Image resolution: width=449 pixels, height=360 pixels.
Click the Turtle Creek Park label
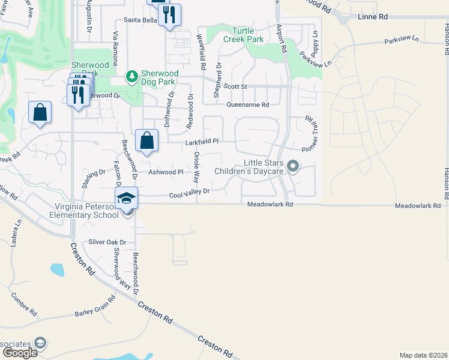click(243, 35)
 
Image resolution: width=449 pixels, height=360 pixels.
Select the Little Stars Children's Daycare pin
click(292, 166)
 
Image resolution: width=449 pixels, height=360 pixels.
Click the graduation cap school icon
click(127, 197)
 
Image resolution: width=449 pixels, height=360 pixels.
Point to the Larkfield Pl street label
click(201, 142)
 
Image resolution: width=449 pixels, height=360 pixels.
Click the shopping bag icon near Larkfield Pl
click(147, 141)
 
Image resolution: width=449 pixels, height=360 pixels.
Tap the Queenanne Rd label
click(247, 104)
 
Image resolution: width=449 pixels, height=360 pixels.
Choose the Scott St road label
click(235, 86)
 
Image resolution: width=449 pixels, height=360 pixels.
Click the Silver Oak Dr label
click(107, 242)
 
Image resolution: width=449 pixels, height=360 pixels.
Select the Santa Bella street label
click(140, 20)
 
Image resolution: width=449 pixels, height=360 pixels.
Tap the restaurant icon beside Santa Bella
click(170, 14)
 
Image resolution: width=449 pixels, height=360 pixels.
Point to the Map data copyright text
click(423, 355)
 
